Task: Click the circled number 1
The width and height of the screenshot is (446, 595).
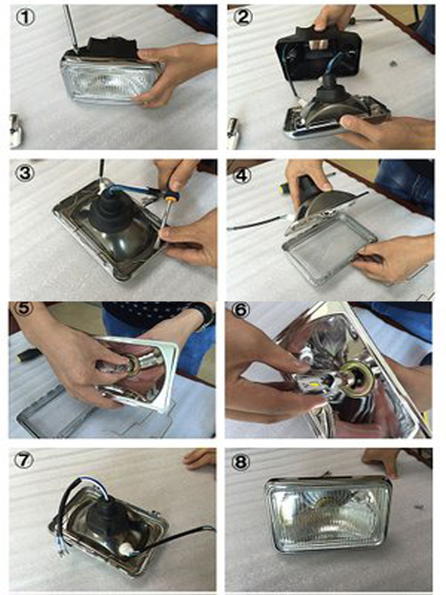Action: (x=26, y=18)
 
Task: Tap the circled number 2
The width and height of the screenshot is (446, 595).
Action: (x=243, y=18)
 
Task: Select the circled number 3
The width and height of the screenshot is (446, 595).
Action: (x=25, y=173)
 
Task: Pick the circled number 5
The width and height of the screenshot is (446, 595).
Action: (x=24, y=309)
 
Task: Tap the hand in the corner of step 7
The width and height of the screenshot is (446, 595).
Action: (x=200, y=459)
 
